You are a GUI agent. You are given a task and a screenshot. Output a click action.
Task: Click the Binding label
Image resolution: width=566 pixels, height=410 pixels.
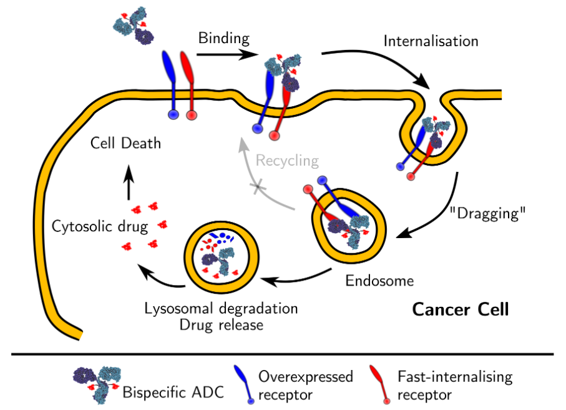click(223, 38)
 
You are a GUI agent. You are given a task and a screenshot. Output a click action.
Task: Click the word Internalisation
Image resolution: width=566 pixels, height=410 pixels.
click(431, 41)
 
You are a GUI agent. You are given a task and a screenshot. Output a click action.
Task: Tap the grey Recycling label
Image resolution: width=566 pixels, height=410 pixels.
click(286, 161)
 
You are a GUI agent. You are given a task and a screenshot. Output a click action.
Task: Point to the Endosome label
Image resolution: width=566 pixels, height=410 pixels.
click(379, 281)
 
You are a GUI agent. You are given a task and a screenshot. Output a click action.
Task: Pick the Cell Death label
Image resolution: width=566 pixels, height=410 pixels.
click(125, 143)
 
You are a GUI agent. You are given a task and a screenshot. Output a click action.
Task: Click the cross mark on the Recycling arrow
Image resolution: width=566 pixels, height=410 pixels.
click(256, 186)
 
